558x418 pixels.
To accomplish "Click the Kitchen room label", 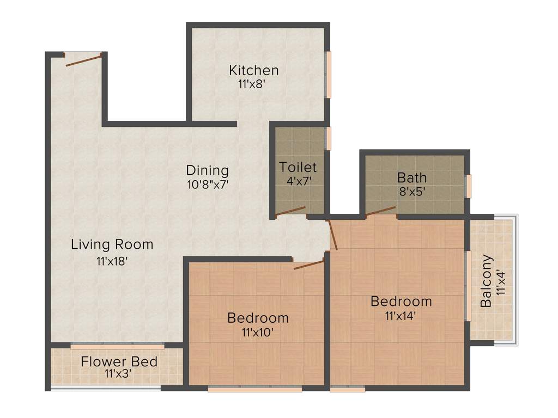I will click(253, 70).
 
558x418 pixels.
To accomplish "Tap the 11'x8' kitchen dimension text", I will click(251, 84).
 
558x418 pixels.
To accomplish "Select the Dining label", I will click(207, 170).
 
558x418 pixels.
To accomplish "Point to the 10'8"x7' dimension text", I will click(207, 184).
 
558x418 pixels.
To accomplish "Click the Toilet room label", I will click(298, 167).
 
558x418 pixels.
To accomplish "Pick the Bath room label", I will click(412, 177).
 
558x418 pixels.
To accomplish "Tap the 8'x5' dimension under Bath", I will click(412, 191).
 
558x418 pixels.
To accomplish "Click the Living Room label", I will click(112, 244).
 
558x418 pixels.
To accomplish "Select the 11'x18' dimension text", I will click(112, 261).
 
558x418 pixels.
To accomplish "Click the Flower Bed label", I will click(119, 361).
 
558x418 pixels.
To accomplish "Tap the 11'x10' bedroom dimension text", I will click(258, 331).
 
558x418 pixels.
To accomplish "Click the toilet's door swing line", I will click(290, 211).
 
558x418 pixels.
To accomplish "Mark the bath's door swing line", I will click(380, 211).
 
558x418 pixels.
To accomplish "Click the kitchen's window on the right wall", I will click(329, 75).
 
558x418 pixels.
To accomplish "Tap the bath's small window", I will click(468, 186).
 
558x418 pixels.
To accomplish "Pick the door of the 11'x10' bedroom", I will click(308, 265).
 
